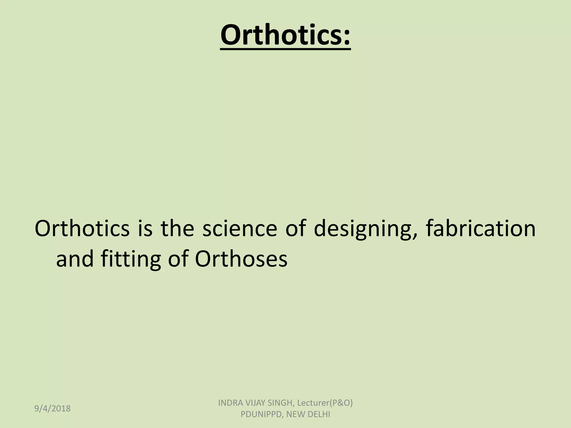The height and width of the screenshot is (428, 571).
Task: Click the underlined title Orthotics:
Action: point(285,36)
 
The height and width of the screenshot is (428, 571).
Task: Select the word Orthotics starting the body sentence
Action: point(82,229)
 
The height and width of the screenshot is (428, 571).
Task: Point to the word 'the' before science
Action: point(177,229)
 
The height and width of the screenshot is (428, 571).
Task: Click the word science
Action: point(239,229)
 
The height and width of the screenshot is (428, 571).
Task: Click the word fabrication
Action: point(480,229)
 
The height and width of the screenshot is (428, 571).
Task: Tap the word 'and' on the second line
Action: point(75,259)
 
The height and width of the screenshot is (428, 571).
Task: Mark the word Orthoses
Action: point(241,259)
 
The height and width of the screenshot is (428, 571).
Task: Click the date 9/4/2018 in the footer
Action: point(52,408)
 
